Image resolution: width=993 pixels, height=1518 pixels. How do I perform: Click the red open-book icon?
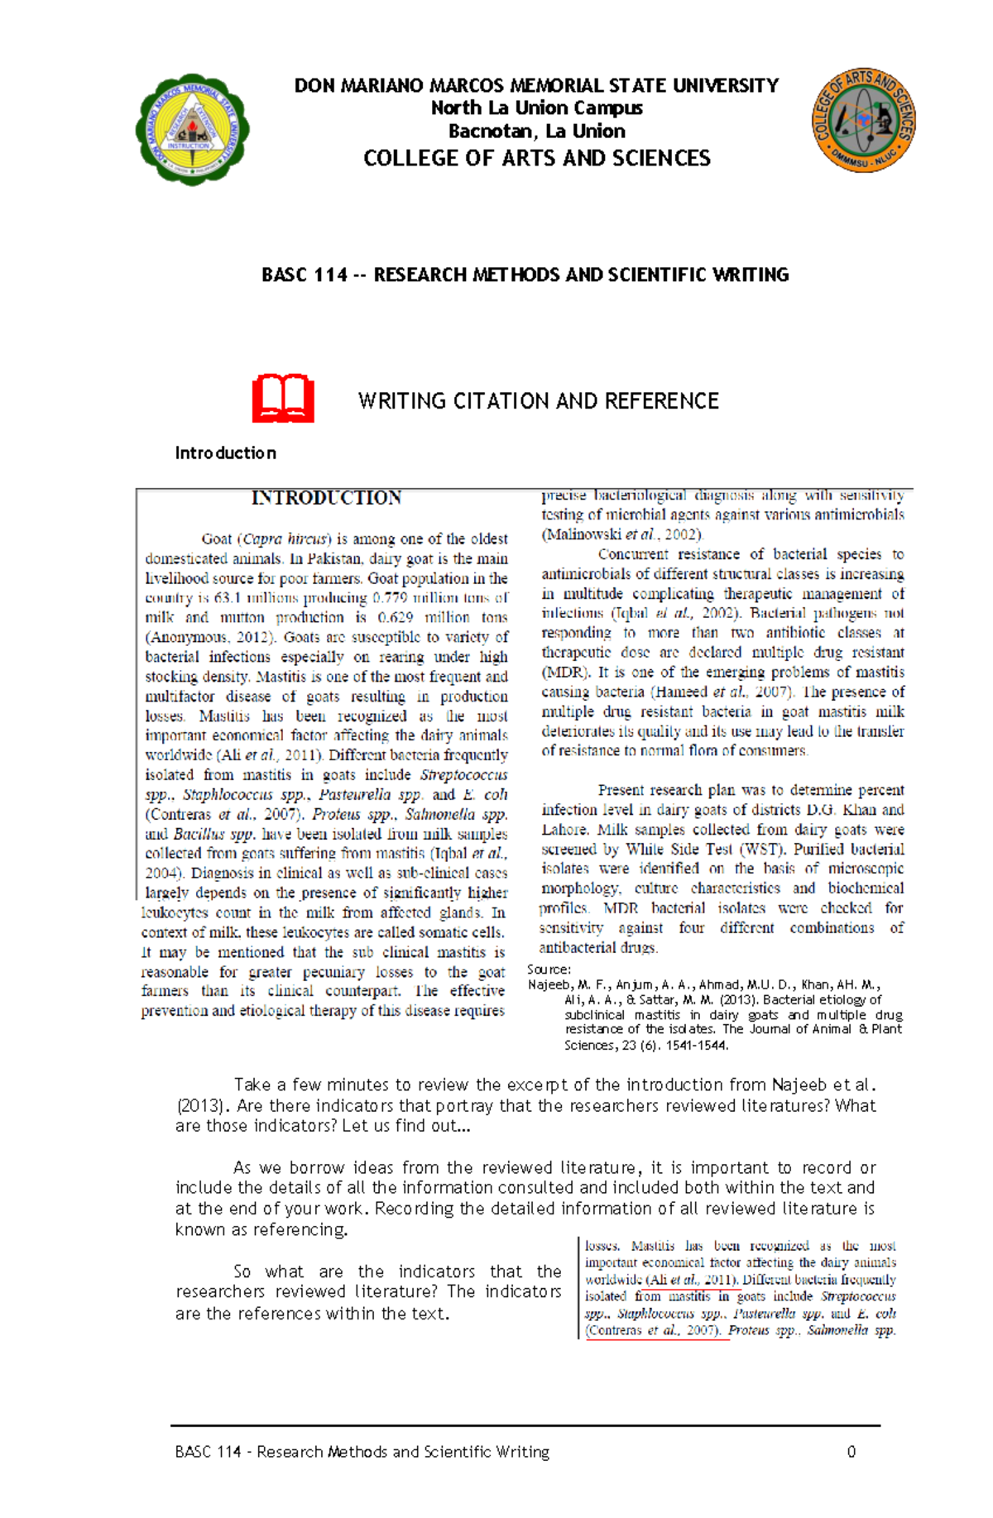(283, 399)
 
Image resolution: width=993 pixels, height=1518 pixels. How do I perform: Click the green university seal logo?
(192, 130)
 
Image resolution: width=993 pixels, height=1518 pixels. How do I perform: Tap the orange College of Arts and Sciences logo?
(863, 121)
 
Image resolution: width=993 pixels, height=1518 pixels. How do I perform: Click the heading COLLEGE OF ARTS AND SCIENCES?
(536, 158)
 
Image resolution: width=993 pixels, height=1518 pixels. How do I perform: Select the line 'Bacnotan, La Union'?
(536, 132)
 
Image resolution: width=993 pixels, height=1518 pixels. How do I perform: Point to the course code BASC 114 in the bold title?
(304, 275)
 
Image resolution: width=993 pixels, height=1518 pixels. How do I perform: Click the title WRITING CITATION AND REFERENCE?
(538, 401)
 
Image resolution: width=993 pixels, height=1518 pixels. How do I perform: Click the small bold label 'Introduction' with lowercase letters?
(225, 453)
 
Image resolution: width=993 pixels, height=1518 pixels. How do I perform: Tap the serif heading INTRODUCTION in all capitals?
(326, 498)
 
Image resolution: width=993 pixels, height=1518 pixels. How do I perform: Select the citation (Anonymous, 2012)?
(210, 637)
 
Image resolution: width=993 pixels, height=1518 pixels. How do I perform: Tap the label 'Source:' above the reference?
(549, 969)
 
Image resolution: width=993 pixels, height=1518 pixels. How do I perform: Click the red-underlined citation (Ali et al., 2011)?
(692, 1280)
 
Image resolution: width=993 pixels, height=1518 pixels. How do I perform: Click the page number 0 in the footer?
(851, 1452)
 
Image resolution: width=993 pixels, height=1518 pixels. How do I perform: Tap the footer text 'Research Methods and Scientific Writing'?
(403, 1452)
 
